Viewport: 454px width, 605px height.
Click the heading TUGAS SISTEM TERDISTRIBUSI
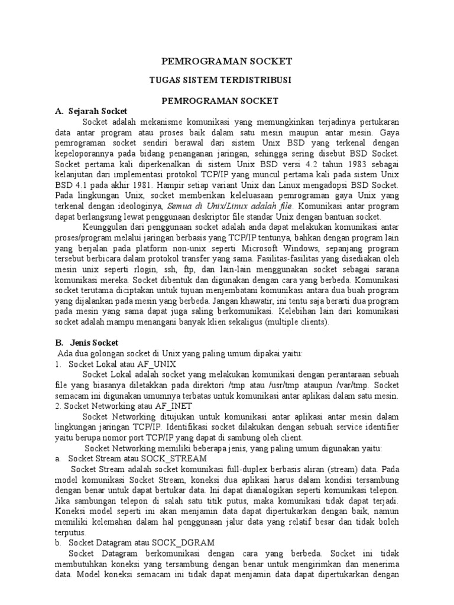227,79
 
